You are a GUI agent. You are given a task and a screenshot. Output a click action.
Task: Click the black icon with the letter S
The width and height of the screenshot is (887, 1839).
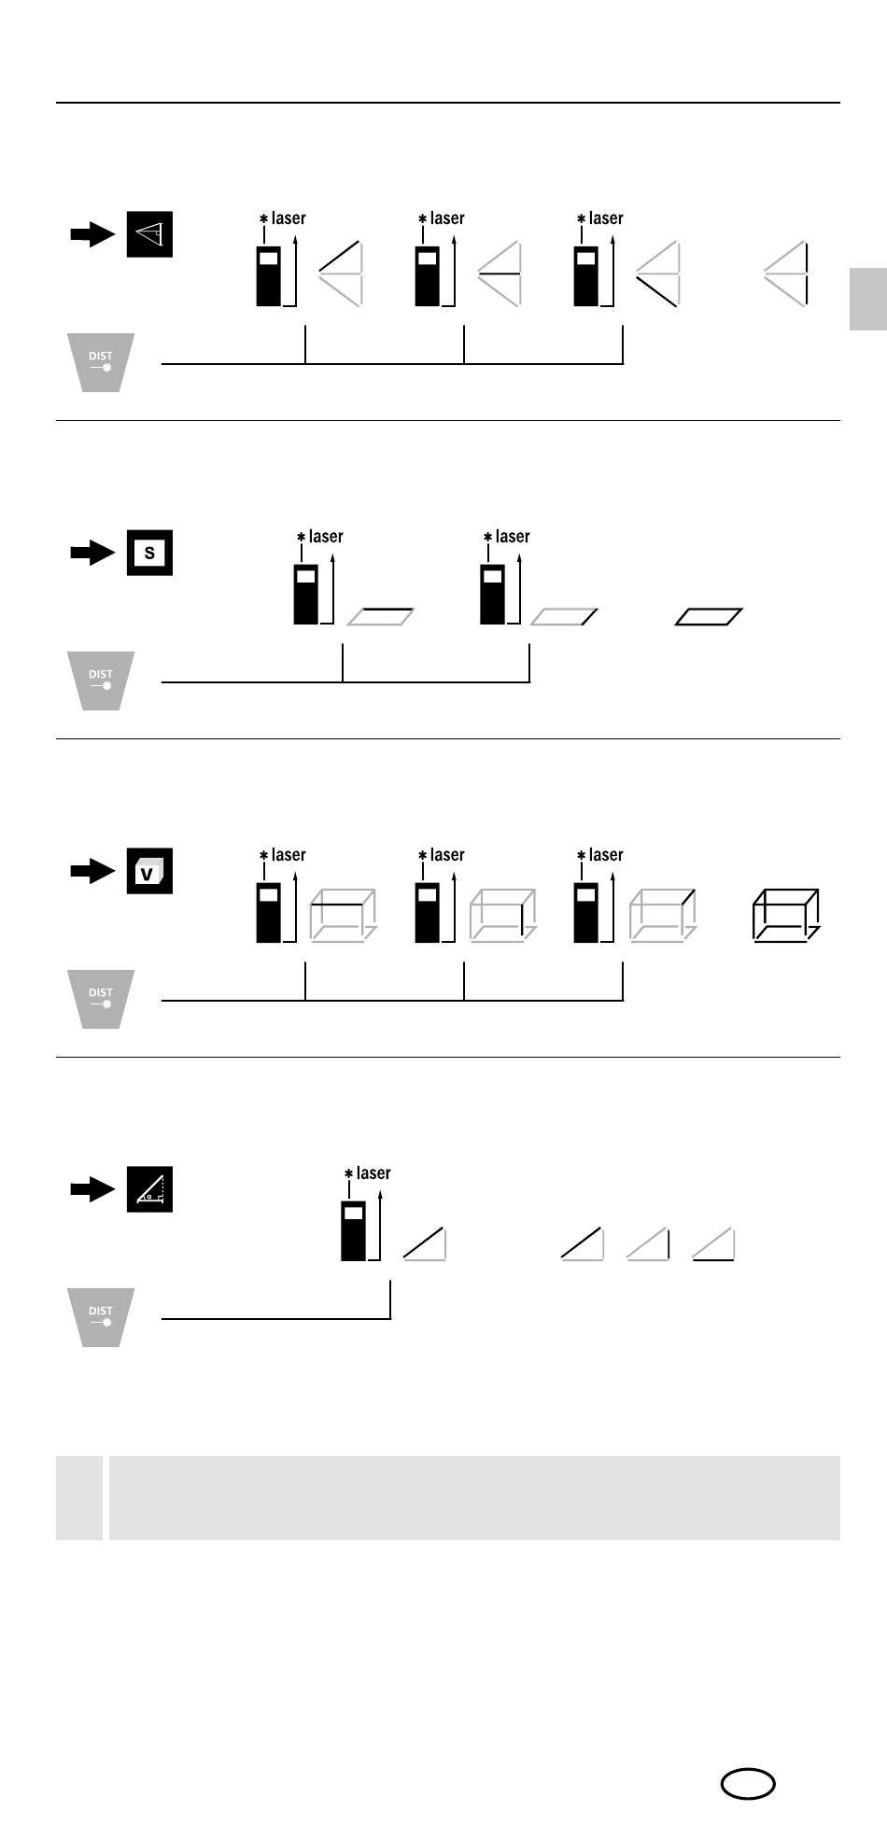tap(149, 553)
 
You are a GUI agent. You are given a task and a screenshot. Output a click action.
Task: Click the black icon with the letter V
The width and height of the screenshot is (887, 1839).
tap(149, 871)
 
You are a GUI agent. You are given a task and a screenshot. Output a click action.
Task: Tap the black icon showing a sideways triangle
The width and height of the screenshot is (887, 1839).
tap(149, 234)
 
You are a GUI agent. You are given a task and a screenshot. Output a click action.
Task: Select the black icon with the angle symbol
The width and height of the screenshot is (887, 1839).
tap(149, 1189)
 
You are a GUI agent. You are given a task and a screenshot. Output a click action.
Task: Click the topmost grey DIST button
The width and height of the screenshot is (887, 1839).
tap(101, 362)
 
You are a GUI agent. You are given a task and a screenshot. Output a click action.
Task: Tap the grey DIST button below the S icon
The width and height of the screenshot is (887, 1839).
tap(101, 681)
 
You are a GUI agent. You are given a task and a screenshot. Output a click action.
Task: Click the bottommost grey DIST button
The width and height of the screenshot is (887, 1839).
tap(101, 1317)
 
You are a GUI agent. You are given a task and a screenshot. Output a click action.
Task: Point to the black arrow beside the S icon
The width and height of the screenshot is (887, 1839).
tap(92, 554)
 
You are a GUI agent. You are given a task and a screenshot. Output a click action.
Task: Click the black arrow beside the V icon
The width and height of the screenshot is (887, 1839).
tap(92, 872)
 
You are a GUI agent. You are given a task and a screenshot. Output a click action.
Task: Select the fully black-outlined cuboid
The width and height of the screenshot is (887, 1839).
tap(786, 915)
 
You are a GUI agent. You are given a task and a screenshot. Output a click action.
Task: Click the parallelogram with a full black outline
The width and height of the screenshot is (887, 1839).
tap(709, 616)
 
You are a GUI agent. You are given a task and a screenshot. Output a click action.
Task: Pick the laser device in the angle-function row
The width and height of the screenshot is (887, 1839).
tap(353, 1231)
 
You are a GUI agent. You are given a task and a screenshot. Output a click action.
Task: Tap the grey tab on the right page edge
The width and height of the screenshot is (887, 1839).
tap(868, 299)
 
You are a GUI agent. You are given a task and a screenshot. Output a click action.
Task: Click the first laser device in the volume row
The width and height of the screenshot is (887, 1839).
tap(269, 913)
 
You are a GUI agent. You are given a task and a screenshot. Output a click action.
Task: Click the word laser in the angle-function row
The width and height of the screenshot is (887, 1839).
tap(373, 1173)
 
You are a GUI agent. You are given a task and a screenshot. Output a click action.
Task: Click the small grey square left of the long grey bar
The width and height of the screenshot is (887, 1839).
tap(79, 1497)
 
